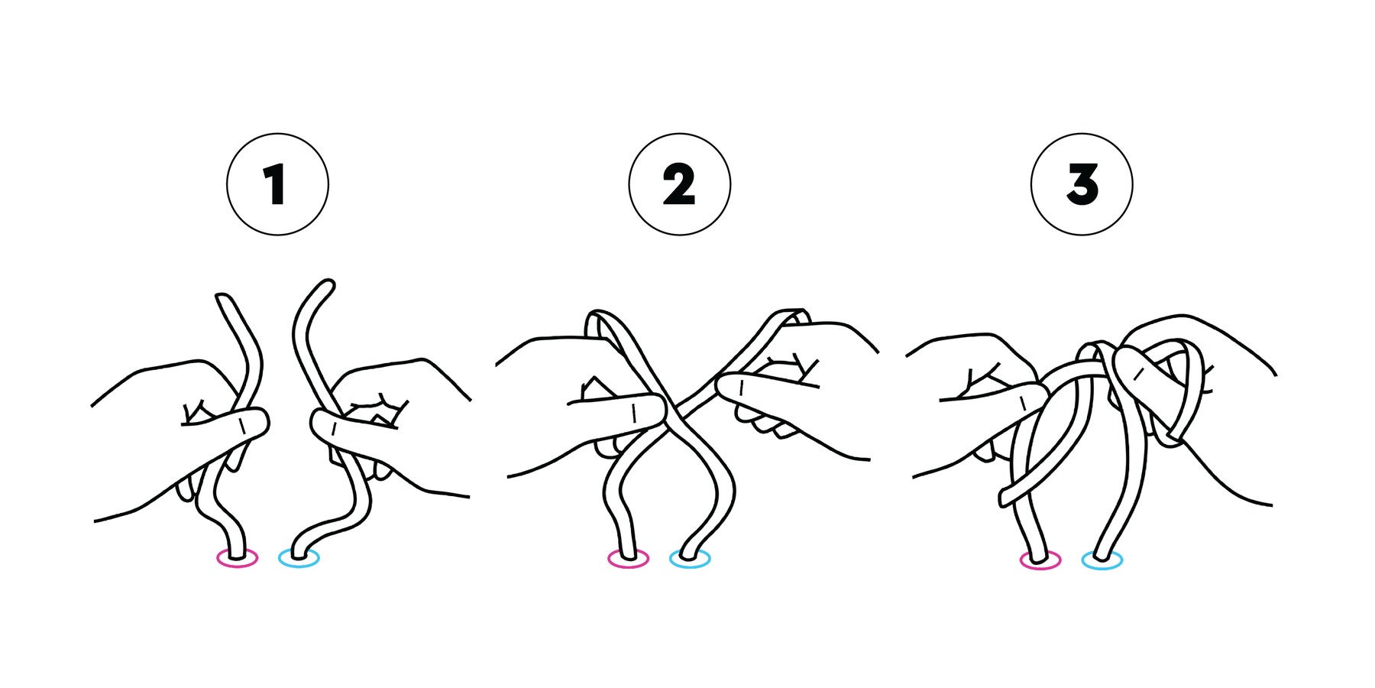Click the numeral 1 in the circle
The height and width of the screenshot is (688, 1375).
click(x=275, y=184)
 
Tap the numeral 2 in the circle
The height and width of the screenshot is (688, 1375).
click(x=679, y=185)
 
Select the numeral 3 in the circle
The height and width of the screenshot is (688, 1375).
click(x=1082, y=185)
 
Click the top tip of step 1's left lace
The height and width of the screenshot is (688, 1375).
click(x=222, y=297)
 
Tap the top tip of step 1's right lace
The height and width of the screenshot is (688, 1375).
click(x=328, y=284)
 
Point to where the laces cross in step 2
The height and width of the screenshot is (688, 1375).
click(x=670, y=411)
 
